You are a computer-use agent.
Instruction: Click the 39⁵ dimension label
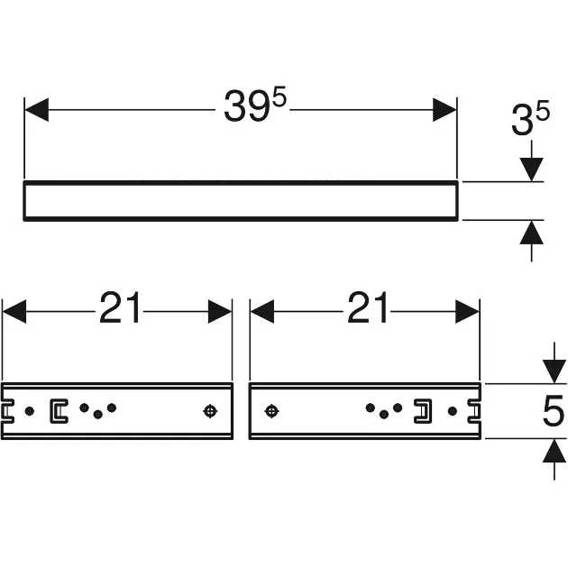click(255, 105)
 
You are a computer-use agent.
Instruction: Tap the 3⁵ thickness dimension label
click(530, 117)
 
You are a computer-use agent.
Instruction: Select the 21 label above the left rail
click(120, 308)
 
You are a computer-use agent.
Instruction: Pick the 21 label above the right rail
click(367, 308)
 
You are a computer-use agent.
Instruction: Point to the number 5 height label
click(554, 411)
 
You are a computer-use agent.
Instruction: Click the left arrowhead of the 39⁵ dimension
click(37, 110)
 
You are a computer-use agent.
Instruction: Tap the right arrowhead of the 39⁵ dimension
click(444, 110)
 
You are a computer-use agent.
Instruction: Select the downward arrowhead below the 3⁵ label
click(531, 169)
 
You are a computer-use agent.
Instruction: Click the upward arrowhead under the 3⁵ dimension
click(531, 232)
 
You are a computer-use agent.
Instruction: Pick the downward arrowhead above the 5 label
click(554, 371)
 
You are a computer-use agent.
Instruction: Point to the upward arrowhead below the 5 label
click(554, 450)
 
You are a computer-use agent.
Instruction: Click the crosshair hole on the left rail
click(210, 411)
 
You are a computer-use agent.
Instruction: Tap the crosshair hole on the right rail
click(271, 411)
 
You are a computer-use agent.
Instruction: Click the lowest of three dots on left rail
click(97, 415)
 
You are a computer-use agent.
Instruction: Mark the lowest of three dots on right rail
click(384, 415)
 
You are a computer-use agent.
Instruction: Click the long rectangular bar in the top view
click(241, 182)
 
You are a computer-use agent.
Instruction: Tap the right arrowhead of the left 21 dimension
click(220, 312)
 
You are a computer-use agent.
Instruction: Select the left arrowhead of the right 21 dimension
click(261, 312)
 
